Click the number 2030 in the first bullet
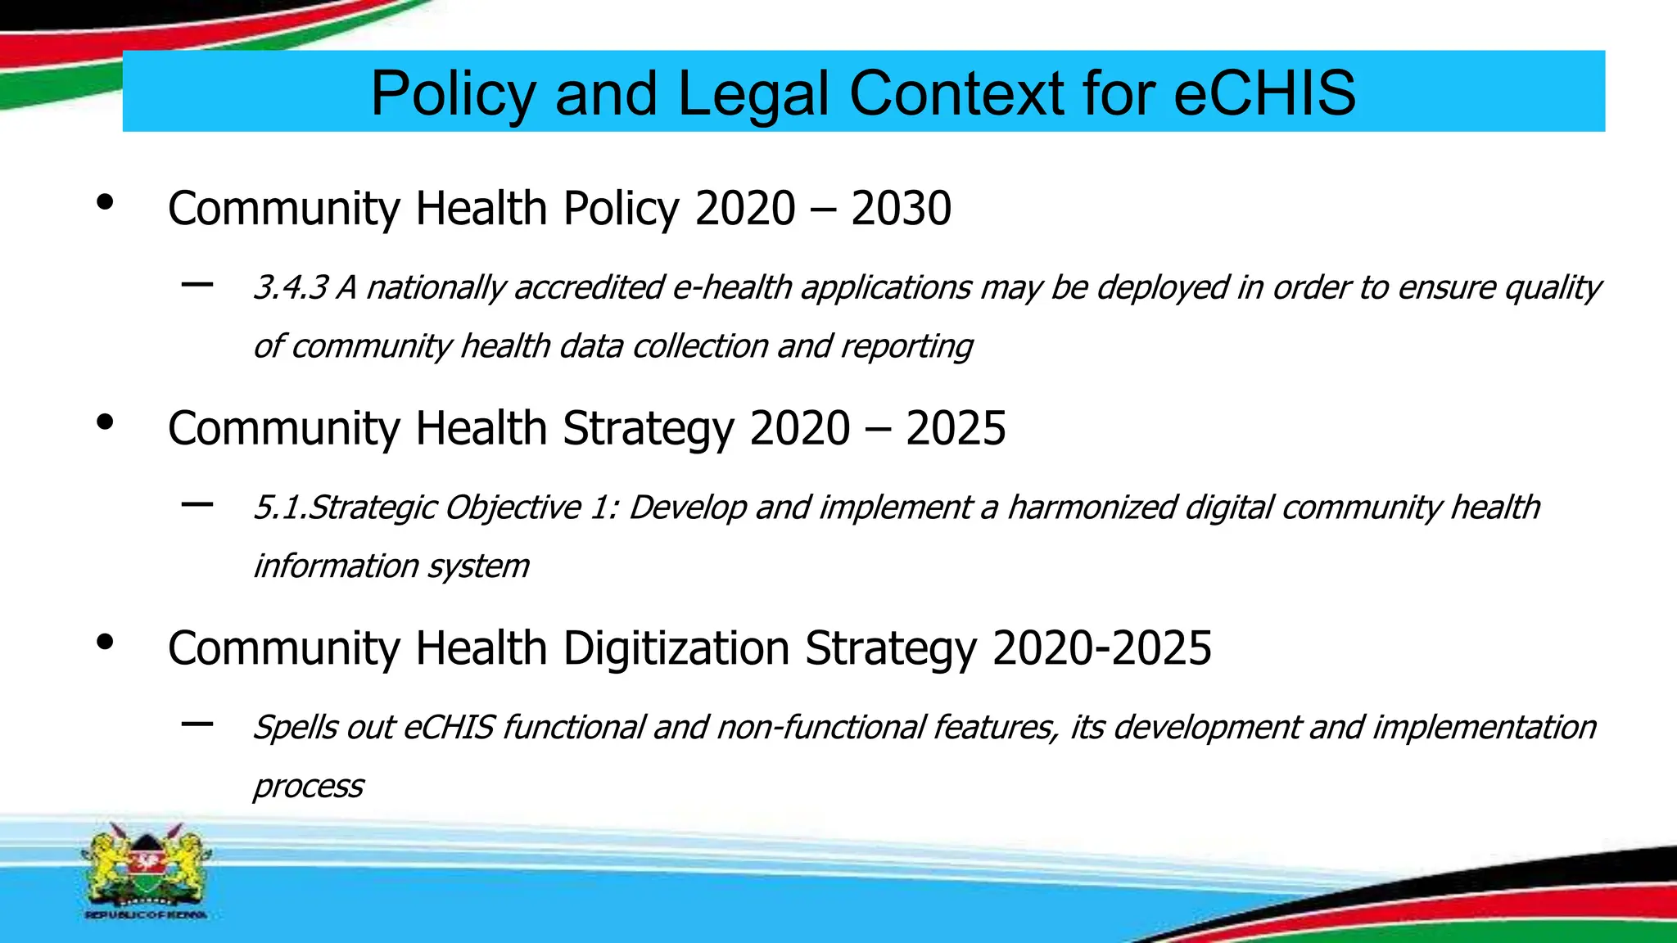click(x=901, y=208)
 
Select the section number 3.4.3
click(x=291, y=288)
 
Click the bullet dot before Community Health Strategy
click(x=104, y=422)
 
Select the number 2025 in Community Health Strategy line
click(x=955, y=428)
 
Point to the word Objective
click(x=513, y=508)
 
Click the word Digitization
click(x=676, y=648)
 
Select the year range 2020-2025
click(x=1101, y=648)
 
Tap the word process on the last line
click(x=308, y=786)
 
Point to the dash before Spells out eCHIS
click(x=197, y=724)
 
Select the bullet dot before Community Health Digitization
click(x=104, y=643)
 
